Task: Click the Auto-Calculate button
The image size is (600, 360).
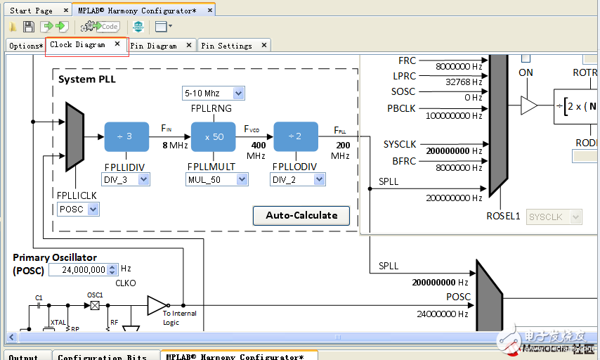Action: pyautogui.click(x=301, y=215)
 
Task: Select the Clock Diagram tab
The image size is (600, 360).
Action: pyautogui.click(x=78, y=45)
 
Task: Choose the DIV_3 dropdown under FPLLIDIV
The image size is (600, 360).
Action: pyautogui.click(x=126, y=180)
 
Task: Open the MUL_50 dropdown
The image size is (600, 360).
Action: pyautogui.click(x=217, y=180)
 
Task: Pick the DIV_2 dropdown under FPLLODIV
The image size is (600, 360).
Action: pyautogui.click(x=297, y=180)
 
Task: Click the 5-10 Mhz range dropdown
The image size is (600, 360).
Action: pyautogui.click(x=214, y=93)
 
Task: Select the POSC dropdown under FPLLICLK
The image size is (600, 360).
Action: pyautogui.click(x=78, y=209)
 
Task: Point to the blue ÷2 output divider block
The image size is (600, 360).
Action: pyautogui.click(x=295, y=136)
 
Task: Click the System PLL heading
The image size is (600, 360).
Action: pyautogui.click(x=87, y=79)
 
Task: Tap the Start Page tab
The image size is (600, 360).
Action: pyautogui.click(x=32, y=11)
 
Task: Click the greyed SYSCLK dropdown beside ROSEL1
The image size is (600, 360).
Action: pyautogui.click(x=554, y=217)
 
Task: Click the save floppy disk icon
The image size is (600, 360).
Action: pyautogui.click(x=29, y=27)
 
